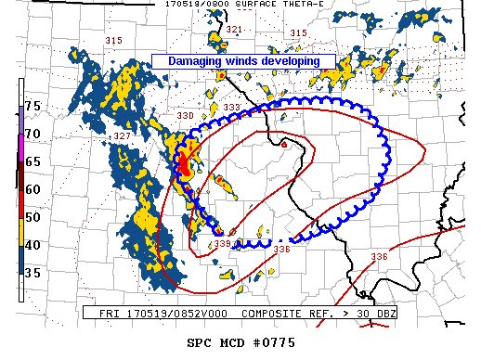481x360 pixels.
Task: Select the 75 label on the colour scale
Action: (32, 107)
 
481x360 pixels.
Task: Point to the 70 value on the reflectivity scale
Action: (32, 135)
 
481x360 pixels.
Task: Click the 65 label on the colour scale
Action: (32, 161)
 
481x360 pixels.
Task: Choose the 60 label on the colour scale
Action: (32, 189)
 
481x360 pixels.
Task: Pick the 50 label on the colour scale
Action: (32, 217)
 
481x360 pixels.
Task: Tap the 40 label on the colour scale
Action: (32, 245)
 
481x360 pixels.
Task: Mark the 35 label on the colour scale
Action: (32, 273)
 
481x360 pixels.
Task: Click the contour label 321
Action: (233, 31)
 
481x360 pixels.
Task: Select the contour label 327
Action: (122, 136)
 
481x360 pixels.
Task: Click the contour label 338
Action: (223, 244)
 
